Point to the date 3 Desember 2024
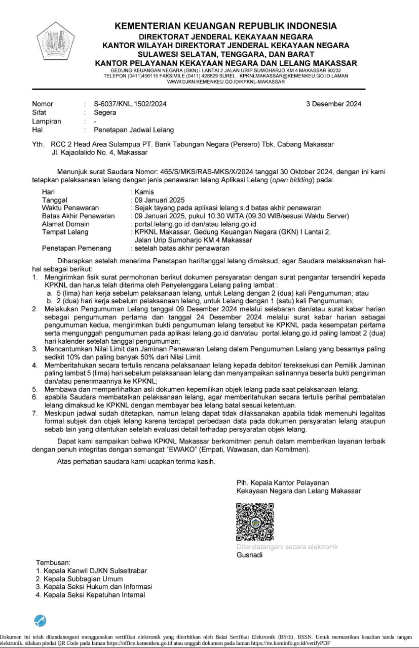tap(333, 104)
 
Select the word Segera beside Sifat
tap(105, 112)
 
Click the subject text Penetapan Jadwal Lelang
tap(134, 130)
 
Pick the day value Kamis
tap(143, 192)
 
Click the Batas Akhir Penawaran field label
tap(79, 216)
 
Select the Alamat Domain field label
tap(66, 224)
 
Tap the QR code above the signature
tap(255, 522)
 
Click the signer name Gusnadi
tap(249, 555)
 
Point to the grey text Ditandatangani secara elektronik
tap(287, 547)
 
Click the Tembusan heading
tap(53, 562)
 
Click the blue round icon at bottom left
tap(40, 620)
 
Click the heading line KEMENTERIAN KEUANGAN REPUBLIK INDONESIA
tap(225, 26)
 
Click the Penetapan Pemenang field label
tap(77, 248)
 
